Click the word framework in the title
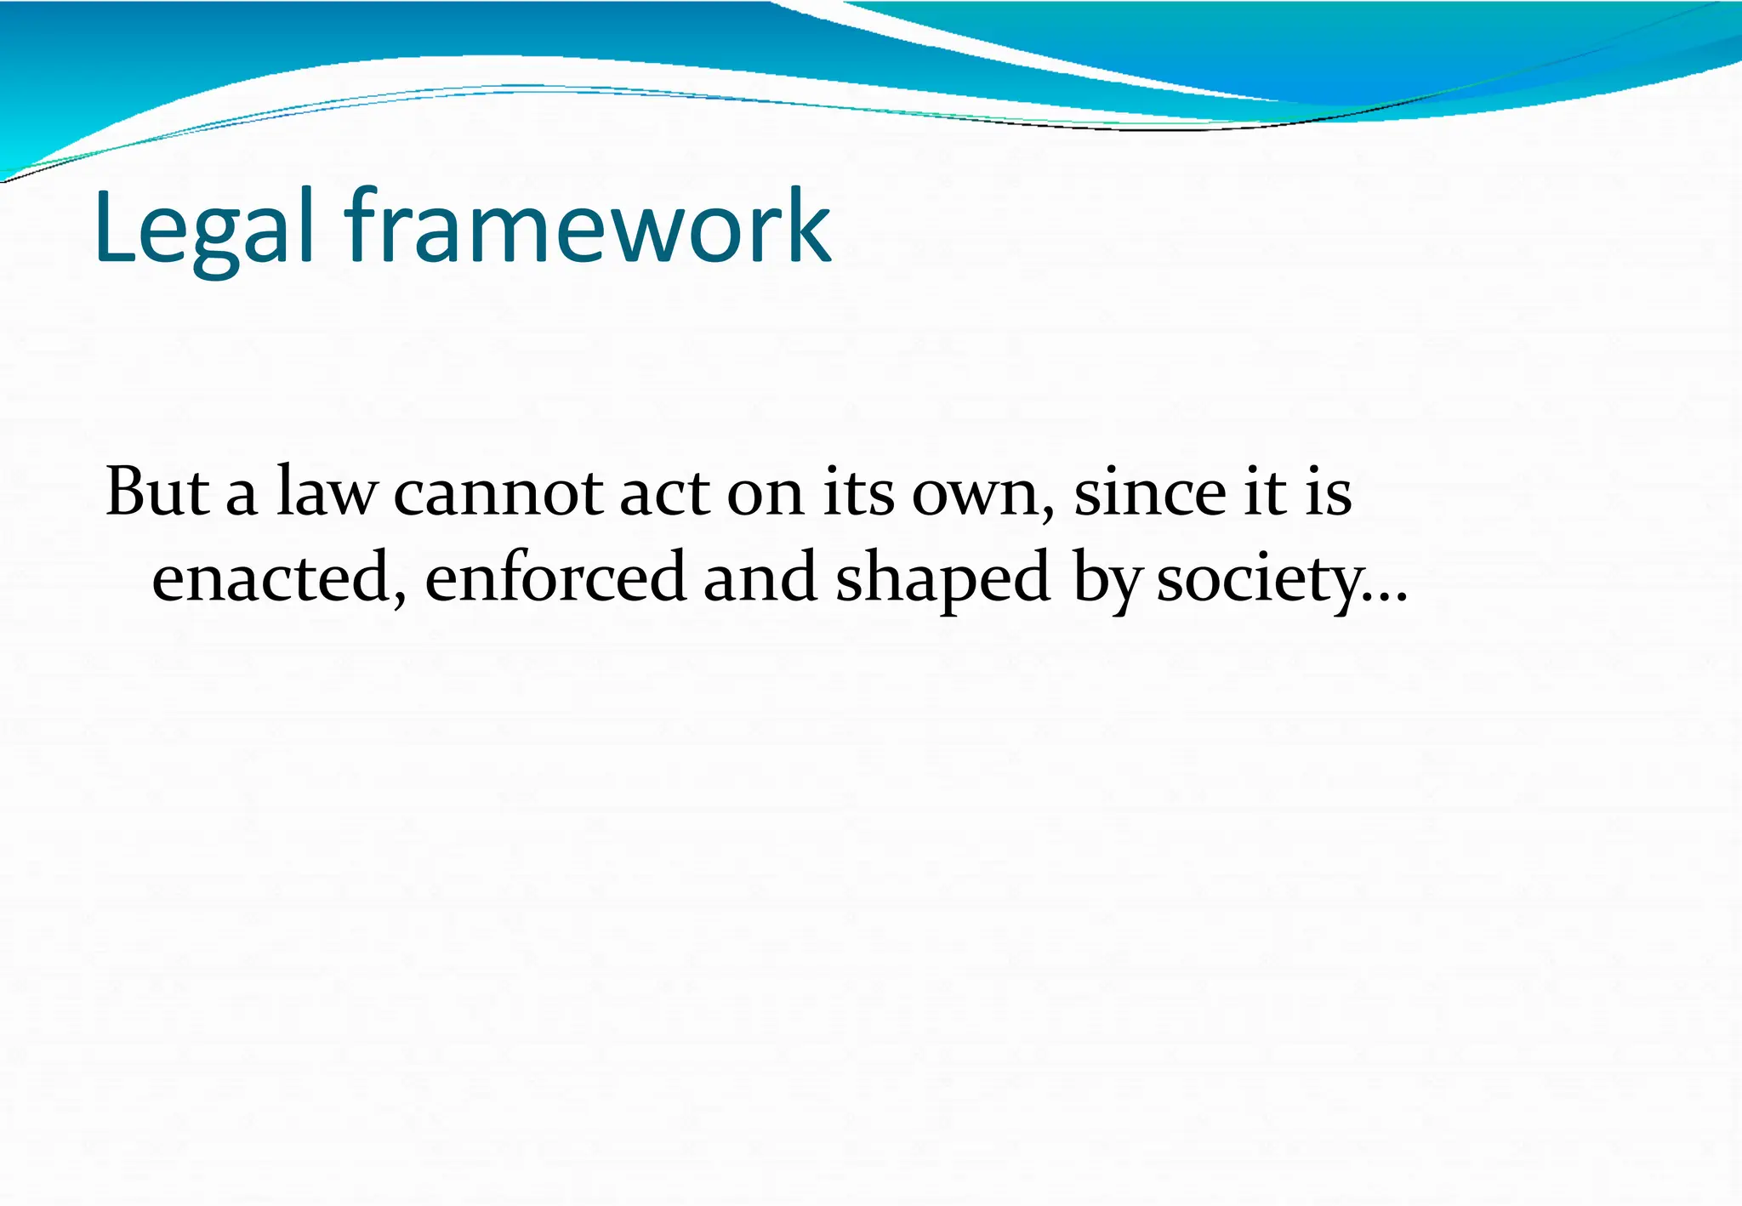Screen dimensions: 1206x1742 click(587, 228)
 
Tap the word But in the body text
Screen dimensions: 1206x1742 click(157, 492)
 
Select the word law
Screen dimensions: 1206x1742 click(326, 492)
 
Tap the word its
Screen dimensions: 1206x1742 click(858, 492)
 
